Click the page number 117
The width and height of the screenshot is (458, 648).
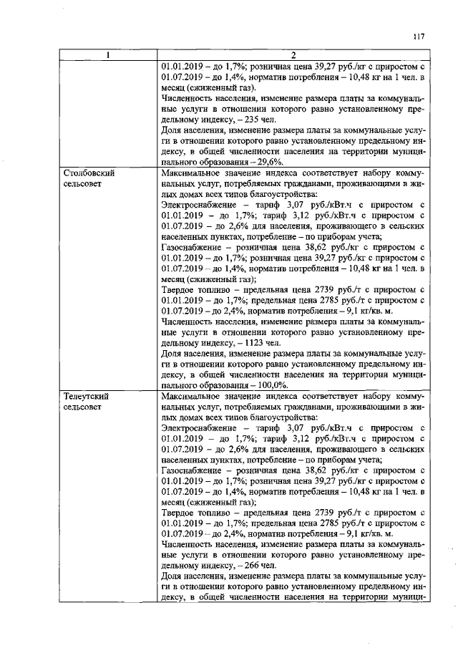point(419,37)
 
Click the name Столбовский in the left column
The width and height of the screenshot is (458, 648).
point(89,173)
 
